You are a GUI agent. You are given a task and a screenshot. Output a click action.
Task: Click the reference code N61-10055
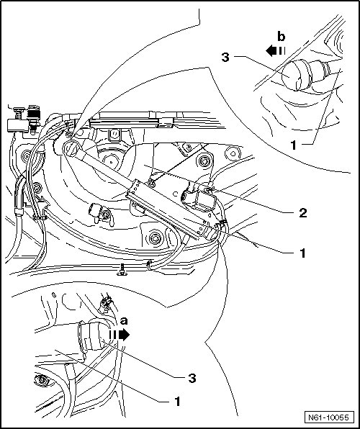(329, 417)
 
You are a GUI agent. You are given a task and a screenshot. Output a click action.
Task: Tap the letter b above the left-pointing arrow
(281, 37)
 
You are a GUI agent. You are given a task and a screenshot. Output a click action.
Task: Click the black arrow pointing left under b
(276, 51)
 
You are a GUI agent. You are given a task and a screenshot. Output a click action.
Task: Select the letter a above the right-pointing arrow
(124, 320)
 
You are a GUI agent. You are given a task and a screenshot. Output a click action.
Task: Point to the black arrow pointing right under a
(120, 334)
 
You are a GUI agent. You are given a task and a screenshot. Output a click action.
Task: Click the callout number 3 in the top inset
(225, 57)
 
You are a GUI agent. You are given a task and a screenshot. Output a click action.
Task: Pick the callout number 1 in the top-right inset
(293, 145)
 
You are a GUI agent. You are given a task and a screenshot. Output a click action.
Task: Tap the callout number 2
(303, 212)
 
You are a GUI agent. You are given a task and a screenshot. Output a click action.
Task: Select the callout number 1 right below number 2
(302, 253)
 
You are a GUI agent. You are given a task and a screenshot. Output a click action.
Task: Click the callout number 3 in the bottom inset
(192, 379)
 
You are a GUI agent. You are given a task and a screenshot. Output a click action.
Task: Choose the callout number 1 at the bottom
(177, 402)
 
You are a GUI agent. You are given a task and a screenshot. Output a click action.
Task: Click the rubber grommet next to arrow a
(89, 335)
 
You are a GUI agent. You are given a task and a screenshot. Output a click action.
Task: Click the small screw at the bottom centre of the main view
(122, 269)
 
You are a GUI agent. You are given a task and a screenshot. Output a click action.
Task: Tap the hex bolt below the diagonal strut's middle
(154, 238)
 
